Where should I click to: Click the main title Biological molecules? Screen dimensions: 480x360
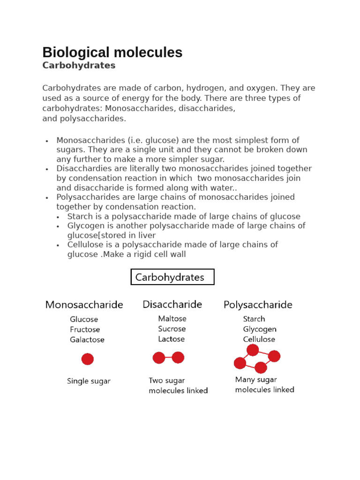click(x=112, y=52)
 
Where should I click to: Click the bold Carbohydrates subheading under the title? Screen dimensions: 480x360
click(x=79, y=66)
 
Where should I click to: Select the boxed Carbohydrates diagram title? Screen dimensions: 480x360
click(x=172, y=277)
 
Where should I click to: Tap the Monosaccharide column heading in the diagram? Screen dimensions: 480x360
click(x=84, y=305)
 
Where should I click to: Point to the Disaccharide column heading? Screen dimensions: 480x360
click(x=172, y=304)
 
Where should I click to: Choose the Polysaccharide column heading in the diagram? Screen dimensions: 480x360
click(x=258, y=305)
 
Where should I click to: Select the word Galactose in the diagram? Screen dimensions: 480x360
click(x=87, y=340)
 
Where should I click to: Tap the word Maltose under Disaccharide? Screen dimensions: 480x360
click(x=172, y=319)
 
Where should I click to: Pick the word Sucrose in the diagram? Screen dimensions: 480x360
click(x=172, y=329)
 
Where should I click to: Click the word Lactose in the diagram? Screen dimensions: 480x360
click(x=171, y=339)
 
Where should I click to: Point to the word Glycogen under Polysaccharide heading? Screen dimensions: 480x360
click(x=260, y=329)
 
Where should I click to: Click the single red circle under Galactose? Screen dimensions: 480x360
click(x=88, y=359)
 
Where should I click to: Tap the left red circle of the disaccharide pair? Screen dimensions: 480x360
click(x=159, y=358)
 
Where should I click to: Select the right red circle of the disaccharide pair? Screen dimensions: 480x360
click(x=178, y=358)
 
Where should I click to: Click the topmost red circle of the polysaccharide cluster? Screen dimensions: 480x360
click(x=253, y=350)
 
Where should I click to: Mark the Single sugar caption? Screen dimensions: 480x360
click(x=89, y=381)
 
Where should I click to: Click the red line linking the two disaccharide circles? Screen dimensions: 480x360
click(x=169, y=358)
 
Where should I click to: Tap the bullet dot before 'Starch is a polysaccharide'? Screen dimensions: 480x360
click(x=58, y=217)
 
